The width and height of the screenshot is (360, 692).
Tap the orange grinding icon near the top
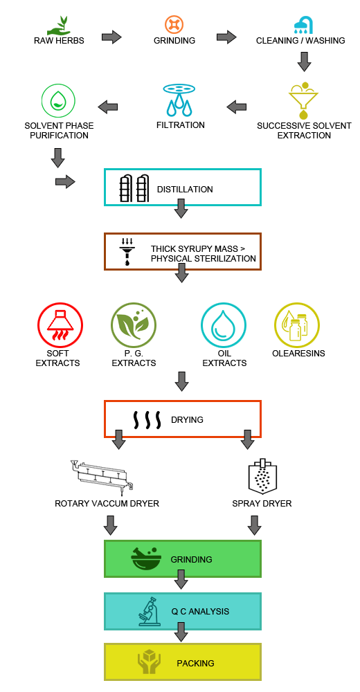point(174,24)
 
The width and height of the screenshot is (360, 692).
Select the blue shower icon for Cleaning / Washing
point(304,26)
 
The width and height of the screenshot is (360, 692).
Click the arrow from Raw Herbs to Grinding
point(111,37)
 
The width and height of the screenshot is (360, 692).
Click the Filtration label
point(181,125)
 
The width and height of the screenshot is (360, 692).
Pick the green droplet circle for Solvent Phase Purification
point(58,101)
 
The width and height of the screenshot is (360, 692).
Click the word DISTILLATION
point(185,190)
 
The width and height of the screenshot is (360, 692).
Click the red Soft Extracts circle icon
point(60,326)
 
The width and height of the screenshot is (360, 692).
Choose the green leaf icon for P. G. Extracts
point(134,326)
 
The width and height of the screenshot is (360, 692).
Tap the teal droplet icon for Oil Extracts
point(224,326)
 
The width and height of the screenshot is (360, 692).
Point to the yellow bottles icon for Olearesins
point(297,326)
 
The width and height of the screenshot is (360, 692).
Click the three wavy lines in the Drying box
point(147,420)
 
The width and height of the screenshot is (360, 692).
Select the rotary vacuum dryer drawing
point(102,476)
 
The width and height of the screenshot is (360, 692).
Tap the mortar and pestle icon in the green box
point(145,558)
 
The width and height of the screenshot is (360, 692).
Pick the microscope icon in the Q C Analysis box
point(150,611)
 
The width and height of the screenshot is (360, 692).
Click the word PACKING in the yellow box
point(196,664)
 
